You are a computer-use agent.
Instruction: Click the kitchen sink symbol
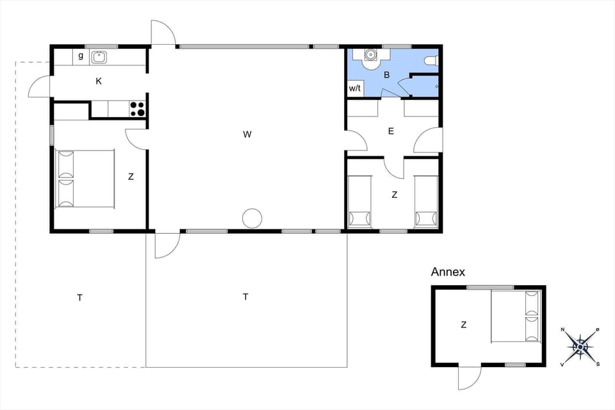99,57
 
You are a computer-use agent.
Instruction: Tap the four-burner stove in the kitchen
137,109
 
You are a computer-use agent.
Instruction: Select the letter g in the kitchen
81,56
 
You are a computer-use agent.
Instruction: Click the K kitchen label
98,81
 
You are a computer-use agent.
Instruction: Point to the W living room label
247,135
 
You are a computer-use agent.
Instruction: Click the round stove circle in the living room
252,218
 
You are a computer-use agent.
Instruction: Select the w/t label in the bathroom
354,88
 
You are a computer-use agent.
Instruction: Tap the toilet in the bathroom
432,60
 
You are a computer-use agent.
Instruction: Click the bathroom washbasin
370,56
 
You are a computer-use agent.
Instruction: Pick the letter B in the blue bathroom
386,75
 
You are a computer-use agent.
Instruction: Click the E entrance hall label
391,131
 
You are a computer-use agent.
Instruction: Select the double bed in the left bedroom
85,179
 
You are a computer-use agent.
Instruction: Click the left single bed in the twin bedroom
359,201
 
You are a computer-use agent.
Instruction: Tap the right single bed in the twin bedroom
425,201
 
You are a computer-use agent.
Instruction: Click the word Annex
448,272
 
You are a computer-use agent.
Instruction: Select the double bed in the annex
516,316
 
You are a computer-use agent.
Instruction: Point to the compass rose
580,346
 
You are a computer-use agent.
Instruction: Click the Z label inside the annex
463,325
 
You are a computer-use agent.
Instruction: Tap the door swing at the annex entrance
468,378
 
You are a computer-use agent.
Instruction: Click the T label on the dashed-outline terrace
79,297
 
